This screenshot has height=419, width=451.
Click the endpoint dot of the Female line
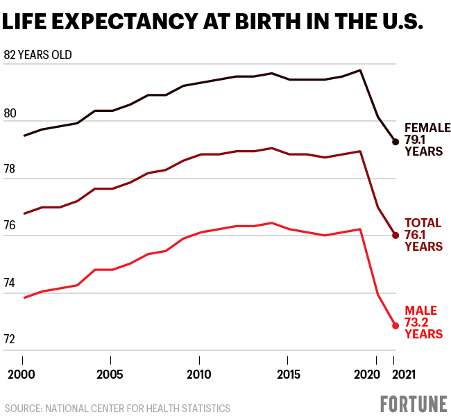(395, 142)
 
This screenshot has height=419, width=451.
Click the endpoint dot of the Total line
(395, 236)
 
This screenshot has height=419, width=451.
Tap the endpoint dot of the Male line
(395, 325)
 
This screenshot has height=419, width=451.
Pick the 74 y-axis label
(10, 283)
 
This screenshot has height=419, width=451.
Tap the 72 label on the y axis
(10, 340)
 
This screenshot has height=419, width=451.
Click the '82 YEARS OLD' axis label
(37, 55)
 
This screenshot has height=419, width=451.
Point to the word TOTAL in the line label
(423, 223)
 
